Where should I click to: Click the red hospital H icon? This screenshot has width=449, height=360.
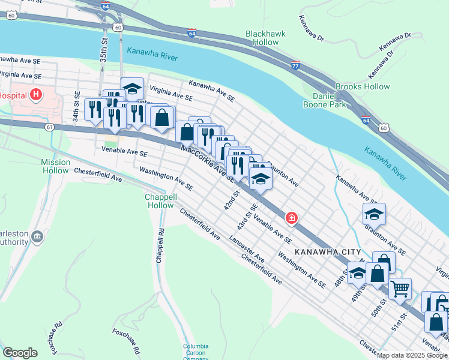pos(37,95)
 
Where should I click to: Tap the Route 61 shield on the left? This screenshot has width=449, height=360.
pos(49,127)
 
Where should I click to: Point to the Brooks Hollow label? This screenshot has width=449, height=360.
pos(363,87)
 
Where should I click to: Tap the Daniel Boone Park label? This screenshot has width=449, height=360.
pos(329,100)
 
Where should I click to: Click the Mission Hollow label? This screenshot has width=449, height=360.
pos(56,166)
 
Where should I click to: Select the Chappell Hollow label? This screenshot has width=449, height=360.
pos(160,201)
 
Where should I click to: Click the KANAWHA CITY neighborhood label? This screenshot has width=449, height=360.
pos(328,253)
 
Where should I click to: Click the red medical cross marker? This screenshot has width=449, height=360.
pos(292,218)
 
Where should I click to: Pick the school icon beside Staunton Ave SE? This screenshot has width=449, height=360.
pos(374,214)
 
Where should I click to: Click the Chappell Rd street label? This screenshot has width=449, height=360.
pos(160,245)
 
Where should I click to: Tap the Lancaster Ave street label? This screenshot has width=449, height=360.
pos(246,248)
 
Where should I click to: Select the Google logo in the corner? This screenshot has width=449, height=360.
pos(20,353)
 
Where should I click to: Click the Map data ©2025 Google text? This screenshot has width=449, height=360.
pos(412,355)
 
